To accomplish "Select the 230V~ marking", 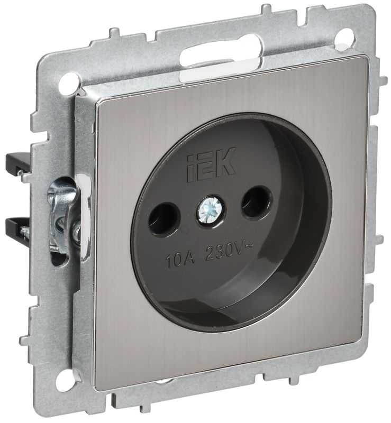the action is coord(229,252).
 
